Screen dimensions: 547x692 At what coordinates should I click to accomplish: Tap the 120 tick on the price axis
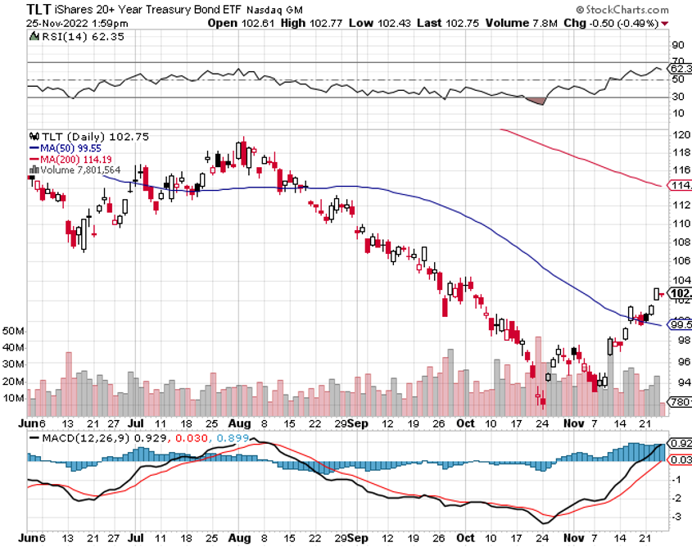(679, 134)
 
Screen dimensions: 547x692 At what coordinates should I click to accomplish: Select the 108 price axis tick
(679, 242)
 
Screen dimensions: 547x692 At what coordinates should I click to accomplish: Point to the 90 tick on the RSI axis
(678, 46)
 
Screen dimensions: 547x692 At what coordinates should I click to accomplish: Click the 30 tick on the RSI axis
(678, 96)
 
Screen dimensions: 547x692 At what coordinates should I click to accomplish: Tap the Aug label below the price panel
(239, 424)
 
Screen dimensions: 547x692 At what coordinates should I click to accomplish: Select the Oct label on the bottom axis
(465, 424)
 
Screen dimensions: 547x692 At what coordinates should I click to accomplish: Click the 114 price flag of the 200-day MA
(680, 186)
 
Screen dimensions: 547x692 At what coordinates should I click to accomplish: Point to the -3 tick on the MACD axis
(677, 516)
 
